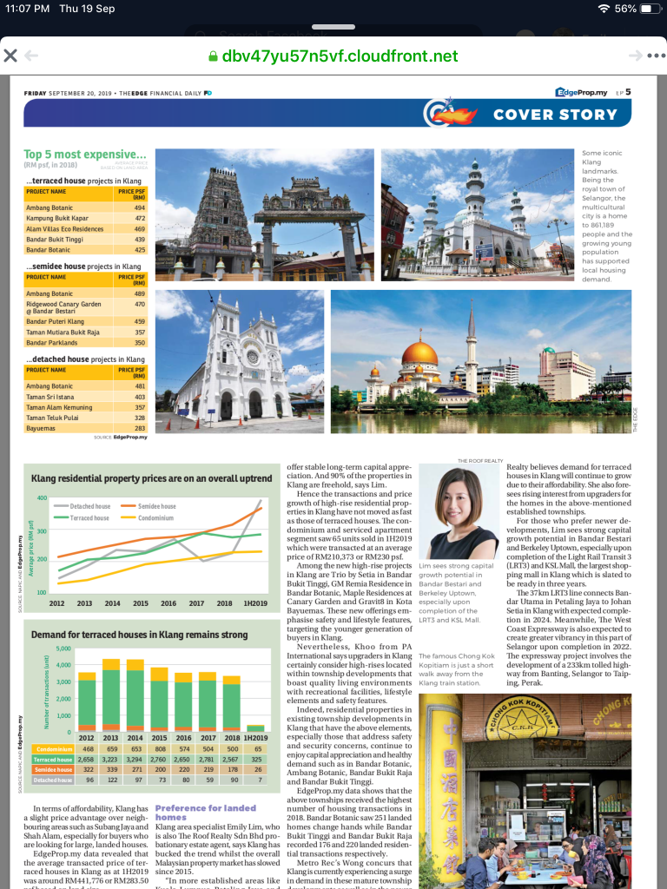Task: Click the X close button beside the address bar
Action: click(x=10, y=56)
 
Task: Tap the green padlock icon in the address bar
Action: click(x=212, y=56)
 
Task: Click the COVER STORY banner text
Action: click(x=555, y=114)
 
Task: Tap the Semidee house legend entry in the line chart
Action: click(x=157, y=506)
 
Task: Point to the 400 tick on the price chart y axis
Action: click(x=42, y=498)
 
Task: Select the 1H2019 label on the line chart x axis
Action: click(x=257, y=603)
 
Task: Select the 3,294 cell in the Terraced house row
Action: click(x=135, y=759)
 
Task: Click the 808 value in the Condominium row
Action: click(x=159, y=748)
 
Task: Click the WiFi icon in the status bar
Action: click(x=604, y=9)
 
